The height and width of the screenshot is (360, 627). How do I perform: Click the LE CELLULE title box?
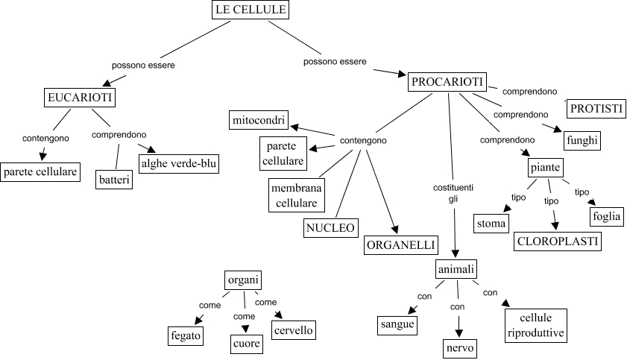pyautogui.click(x=251, y=10)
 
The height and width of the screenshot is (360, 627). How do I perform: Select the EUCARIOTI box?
pyautogui.click(x=80, y=98)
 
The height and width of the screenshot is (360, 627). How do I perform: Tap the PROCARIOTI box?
pyautogui.click(x=447, y=82)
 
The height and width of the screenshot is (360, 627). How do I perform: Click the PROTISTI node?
pyautogui.click(x=596, y=109)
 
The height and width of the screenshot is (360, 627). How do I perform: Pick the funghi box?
pyautogui.click(x=582, y=139)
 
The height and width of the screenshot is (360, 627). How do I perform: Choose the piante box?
pyautogui.click(x=545, y=166)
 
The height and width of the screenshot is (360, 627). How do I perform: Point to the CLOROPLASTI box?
pyautogui.click(x=558, y=241)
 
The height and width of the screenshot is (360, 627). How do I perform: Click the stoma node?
pyautogui.click(x=492, y=223)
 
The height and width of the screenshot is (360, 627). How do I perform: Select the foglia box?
pyautogui.click(x=606, y=217)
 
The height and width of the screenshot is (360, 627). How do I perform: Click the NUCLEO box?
pyautogui.click(x=330, y=228)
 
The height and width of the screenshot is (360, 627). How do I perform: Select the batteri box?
pyautogui.click(x=115, y=180)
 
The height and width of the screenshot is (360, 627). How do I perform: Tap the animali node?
pyautogui.click(x=456, y=268)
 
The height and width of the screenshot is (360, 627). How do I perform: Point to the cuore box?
pyautogui.click(x=246, y=344)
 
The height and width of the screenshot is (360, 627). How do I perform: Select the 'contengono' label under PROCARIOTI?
pyautogui.click(x=363, y=140)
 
